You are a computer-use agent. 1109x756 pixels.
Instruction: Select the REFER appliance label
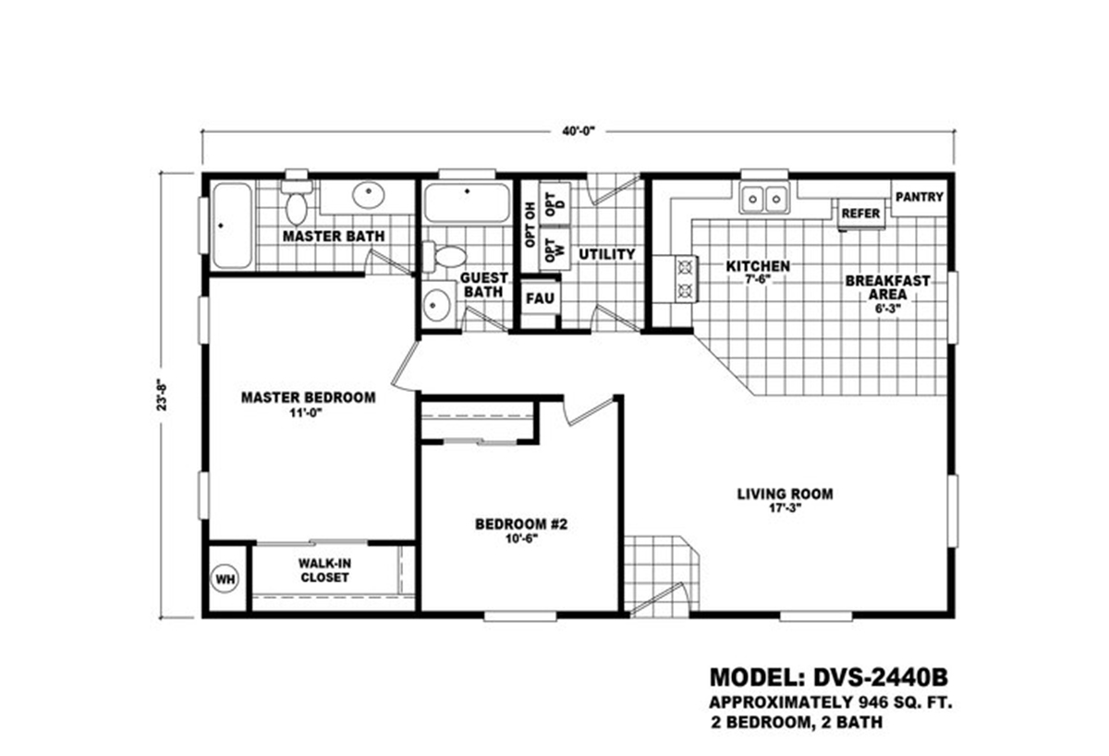859,213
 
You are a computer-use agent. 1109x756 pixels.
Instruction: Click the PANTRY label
920,197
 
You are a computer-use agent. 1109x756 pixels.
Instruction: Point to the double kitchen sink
764,197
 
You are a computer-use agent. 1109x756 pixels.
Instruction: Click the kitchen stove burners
686,279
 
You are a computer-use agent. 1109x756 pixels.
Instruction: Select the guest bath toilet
448,257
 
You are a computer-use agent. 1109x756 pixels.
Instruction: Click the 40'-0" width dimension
579,131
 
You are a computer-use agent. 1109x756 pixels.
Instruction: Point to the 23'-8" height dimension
165,394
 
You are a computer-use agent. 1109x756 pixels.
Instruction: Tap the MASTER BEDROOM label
308,398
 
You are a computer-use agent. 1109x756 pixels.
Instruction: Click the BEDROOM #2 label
519,525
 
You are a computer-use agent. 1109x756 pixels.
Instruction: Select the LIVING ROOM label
785,494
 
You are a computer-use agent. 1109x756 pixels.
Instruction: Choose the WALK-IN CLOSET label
323,569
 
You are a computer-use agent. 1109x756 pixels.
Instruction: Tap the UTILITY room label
606,254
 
